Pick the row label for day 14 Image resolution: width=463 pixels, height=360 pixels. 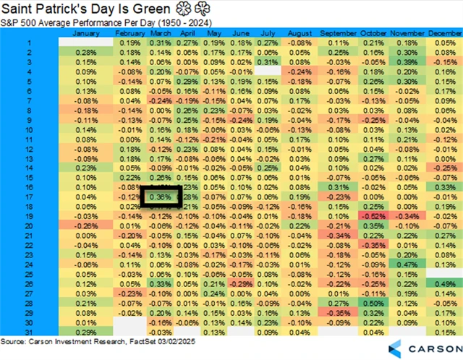[x=30, y=166]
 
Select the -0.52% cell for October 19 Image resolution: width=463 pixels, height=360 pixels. [x=373, y=215]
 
